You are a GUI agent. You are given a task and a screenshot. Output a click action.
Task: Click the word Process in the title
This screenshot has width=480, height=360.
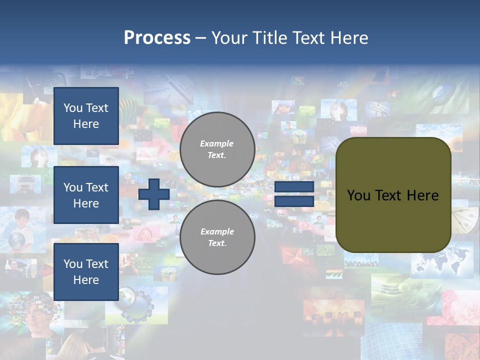coord(157,38)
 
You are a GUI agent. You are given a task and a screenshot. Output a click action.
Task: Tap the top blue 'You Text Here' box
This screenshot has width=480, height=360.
coord(86,116)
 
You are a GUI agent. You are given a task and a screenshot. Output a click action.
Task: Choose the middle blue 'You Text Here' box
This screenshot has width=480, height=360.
coord(86,195)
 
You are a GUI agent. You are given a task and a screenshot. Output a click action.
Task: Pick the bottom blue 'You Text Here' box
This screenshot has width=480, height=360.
coord(86,271)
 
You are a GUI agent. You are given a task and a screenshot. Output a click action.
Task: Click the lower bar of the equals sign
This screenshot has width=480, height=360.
coord(294,201)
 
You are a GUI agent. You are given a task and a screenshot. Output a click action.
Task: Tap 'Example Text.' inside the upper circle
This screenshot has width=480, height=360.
coord(217,149)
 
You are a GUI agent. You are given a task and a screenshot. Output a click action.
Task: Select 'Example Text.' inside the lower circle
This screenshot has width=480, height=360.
coord(217,237)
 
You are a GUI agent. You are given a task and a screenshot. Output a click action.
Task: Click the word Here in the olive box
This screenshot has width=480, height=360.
coord(422,195)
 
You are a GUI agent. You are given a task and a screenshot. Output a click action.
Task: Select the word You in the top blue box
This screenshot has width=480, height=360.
coord(72,108)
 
